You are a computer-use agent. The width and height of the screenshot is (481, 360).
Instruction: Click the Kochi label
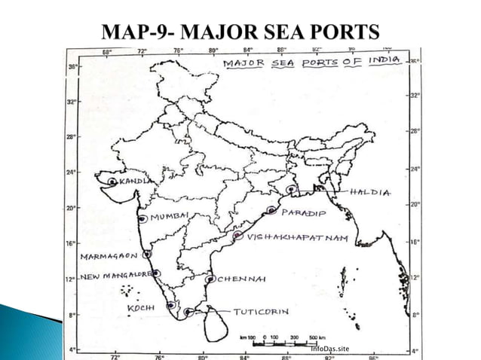tap(140, 309)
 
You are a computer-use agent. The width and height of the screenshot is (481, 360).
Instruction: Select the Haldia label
tap(370, 193)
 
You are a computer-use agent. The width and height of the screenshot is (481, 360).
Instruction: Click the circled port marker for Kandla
tap(112, 182)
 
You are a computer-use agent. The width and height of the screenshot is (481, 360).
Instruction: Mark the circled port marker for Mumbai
tap(142, 218)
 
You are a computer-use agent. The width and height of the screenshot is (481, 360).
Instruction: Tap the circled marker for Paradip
tap(271, 211)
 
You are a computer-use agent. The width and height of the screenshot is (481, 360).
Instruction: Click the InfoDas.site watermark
tap(330, 349)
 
